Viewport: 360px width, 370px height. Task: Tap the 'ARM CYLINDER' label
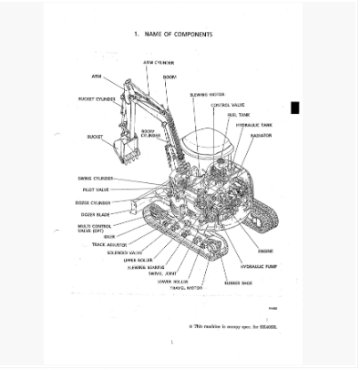pos(159,63)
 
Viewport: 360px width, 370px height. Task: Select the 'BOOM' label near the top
pos(170,77)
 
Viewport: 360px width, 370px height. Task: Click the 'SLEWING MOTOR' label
pos(205,94)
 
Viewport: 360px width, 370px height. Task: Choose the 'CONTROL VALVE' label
pos(226,105)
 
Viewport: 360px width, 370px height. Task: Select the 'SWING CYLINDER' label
pos(95,178)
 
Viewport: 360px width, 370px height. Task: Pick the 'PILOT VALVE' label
pos(96,190)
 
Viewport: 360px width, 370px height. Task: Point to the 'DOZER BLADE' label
pos(95,215)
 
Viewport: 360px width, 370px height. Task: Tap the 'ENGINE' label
pos(265,250)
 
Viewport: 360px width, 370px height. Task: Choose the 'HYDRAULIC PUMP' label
pos(259,267)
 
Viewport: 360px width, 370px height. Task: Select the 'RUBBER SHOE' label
pos(238,283)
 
